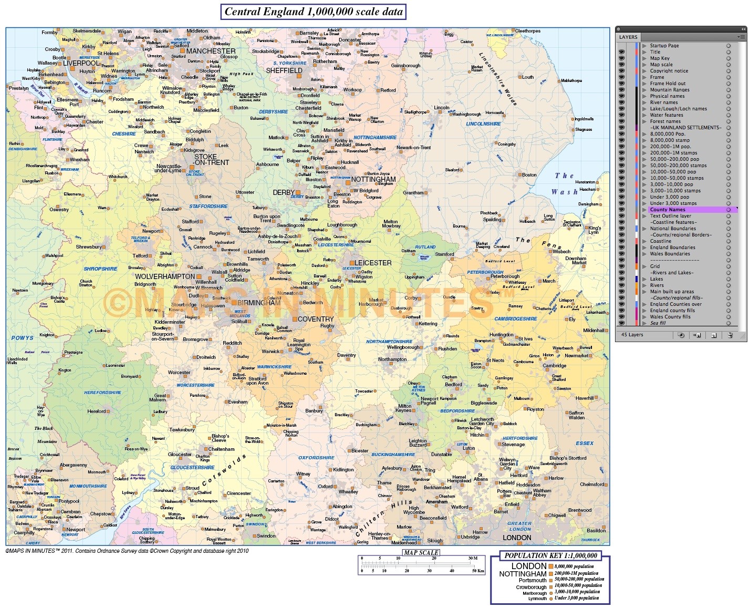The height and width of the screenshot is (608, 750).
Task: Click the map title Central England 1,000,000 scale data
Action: (x=314, y=12)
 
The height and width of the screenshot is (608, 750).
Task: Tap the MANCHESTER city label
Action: (x=211, y=51)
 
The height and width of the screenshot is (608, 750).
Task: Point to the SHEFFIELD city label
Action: (x=284, y=70)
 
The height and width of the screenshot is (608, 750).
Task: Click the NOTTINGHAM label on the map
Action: (x=373, y=179)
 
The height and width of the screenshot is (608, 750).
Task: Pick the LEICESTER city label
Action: (x=373, y=263)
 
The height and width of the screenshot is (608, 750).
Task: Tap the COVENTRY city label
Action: (x=316, y=319)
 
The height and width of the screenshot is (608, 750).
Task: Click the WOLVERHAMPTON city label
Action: (x=165, y=276)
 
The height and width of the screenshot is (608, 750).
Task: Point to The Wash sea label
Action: (x=565, y=184)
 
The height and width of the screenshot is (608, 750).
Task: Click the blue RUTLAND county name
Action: (x=425, y=247)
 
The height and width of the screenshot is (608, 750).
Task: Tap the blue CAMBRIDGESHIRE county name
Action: (x=516, y=319)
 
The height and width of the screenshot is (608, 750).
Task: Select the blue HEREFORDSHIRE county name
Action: (x=102, y=393)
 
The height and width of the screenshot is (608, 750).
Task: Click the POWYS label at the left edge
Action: (x=22, y=338)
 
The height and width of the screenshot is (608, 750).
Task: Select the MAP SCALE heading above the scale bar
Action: (x=421, y=552)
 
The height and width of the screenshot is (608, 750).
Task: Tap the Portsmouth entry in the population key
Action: (x=530, y=581)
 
